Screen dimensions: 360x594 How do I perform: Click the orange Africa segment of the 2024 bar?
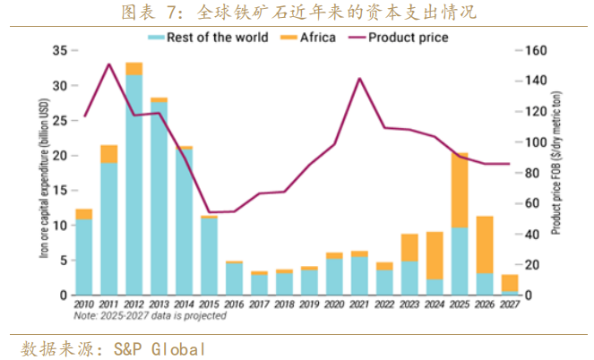pos(435,255)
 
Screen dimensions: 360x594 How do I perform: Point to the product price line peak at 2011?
pos(109,64)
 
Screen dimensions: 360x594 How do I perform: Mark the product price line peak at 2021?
pos(359,79)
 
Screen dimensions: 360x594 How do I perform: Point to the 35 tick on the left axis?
pos(61,51)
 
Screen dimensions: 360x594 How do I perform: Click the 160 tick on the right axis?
pos(532,51)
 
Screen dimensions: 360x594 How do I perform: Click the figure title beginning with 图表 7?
pos(297,13)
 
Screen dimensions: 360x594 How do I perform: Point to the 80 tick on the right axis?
pos(529,173)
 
